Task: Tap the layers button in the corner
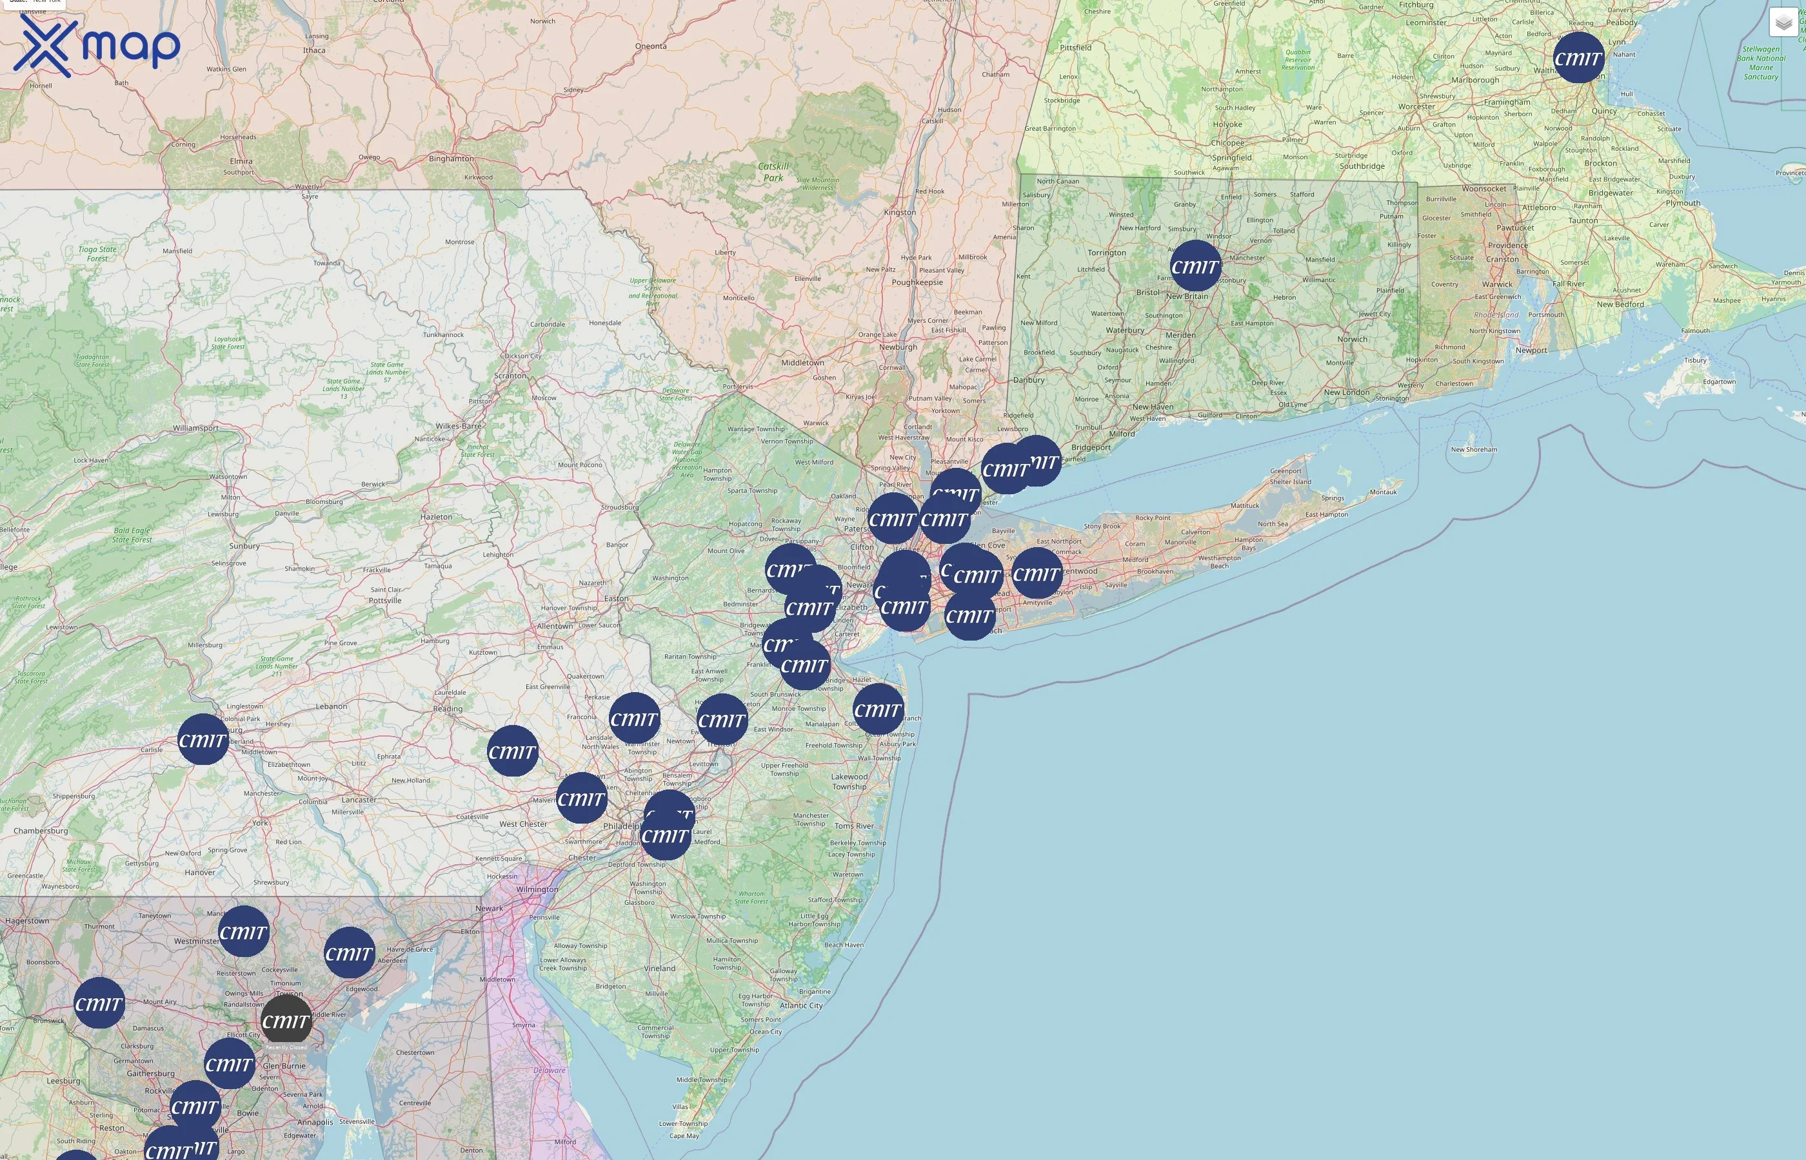[1783, 23]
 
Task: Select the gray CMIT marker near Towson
[286, 1021]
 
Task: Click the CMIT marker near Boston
[1578, 58]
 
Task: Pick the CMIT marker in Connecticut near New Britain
[1195, 266]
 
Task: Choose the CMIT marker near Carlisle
[203, 740]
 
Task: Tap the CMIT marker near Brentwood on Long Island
[1037, 573]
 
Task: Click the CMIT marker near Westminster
[243, 932]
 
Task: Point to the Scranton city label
[510, 376]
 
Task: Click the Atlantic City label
[801, 1005]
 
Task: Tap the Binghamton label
[451, 159]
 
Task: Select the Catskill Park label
[773, 171]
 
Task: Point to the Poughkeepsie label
[917, 282]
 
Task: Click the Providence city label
[1507, 246]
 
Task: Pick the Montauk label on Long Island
[1383, 492]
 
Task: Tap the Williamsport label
[196, 428]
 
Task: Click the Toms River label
[854, 826]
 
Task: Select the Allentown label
[555, 626]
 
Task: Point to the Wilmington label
[537, 889]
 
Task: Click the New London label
[1347, 392]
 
